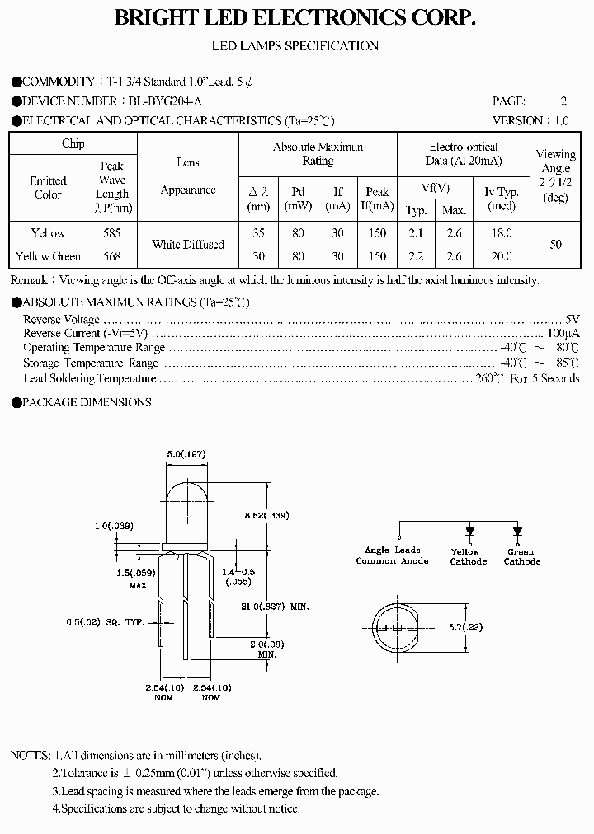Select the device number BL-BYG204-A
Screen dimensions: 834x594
164,101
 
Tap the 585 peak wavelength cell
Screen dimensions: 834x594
111,233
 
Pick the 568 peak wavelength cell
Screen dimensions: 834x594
111,255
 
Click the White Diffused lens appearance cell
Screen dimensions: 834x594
187,245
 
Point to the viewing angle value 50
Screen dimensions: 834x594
555,245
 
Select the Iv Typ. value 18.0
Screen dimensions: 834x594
501,233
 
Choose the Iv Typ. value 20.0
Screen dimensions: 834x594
501,255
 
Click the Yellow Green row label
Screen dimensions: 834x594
48,255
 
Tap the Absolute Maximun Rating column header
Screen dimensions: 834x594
318,154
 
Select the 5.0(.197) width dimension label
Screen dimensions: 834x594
186,454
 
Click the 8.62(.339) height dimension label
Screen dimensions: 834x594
267,515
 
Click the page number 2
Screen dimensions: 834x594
563,101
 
